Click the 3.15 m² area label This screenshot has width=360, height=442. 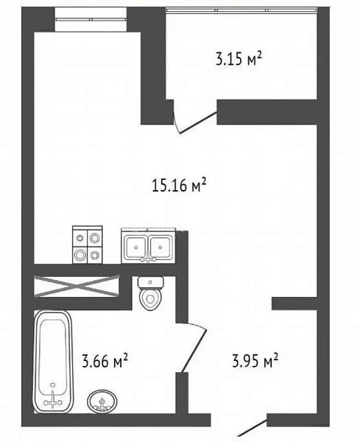239,60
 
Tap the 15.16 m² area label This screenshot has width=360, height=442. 179,185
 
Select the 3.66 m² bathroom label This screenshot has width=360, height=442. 105,361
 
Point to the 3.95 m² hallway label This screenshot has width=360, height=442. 255,361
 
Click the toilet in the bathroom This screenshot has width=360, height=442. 151,293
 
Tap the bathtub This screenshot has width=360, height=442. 53,362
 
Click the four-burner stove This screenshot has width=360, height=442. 88,245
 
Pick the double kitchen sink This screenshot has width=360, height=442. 149,246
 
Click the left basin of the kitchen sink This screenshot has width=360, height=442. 135,247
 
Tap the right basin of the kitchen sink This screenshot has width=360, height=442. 160,247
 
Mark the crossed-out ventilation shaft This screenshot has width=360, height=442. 77,286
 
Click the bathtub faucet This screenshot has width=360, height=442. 53,401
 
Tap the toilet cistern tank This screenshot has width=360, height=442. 151,282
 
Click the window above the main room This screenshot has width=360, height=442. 91,19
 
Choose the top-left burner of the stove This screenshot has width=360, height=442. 80,238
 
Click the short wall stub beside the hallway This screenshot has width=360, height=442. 294,304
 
